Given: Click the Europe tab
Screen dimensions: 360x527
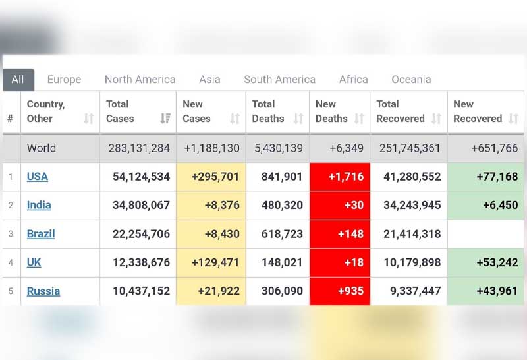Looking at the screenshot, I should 64,80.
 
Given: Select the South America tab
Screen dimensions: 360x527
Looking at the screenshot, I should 279,80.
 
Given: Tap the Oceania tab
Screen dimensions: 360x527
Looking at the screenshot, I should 411,80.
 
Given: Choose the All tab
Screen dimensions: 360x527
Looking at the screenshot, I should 18,80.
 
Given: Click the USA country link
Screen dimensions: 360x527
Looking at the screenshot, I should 38,177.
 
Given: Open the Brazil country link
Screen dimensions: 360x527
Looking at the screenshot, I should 41,234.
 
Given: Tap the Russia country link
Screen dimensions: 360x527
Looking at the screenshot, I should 43,291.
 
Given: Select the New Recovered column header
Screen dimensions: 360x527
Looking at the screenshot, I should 478,111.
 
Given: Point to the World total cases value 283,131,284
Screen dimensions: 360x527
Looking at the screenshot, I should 139,148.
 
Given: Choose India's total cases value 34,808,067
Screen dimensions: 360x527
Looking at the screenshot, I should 139,205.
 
